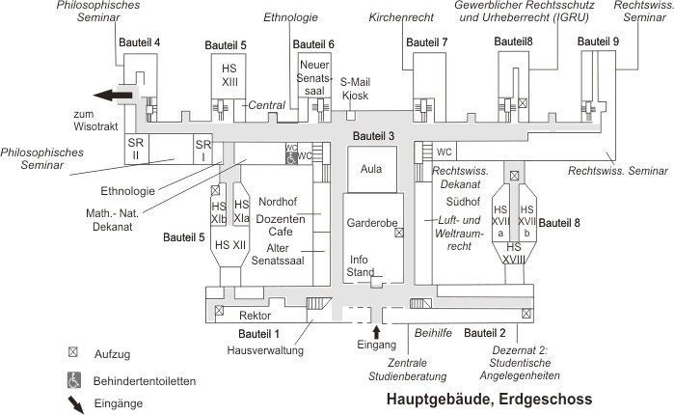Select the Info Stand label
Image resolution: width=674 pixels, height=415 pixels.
pos(360,265)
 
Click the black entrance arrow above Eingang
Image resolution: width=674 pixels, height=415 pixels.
pos(377,331)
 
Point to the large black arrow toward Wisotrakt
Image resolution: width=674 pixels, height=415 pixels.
pos(112,95)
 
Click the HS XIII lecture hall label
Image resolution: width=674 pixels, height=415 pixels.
pos(229,75)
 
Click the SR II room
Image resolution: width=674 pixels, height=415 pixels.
pos(135,148)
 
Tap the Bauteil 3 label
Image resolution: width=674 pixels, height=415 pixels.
pos(374,135)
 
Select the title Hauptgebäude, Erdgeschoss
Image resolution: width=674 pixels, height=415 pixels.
pos(489,399)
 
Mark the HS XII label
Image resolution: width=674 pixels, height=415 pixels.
pos(229,244)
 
